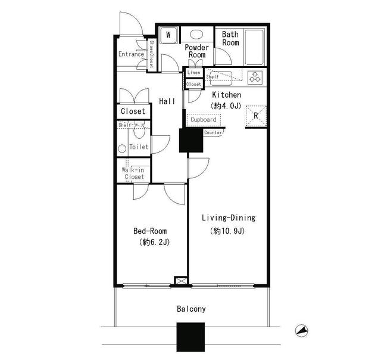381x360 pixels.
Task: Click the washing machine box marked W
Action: coord(168,35)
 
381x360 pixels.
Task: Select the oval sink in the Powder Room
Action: coord(196,35)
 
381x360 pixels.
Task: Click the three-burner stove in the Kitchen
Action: coord(255,77)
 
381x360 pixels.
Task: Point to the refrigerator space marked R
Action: coord(256,116)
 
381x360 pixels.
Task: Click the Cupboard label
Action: coord(204,119)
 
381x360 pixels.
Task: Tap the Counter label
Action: coord(213,132)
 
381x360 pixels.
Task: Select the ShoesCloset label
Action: coord(151,54)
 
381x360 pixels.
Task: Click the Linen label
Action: coord(194,73)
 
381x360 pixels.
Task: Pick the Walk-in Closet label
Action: coord(133,173)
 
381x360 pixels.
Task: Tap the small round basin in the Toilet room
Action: coord(122,148)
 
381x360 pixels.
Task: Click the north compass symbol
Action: coord(302,331)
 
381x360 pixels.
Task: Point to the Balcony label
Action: coord(191,309)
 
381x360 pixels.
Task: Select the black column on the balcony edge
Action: coord(190,337)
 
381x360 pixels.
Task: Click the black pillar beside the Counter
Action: coord(191,140)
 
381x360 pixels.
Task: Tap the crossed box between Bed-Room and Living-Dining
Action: coord(181,281)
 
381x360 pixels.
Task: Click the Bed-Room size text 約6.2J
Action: coord(155,242)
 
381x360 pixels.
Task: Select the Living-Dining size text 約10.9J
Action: coord(227,231)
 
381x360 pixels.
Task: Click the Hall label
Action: coord(167,101)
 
